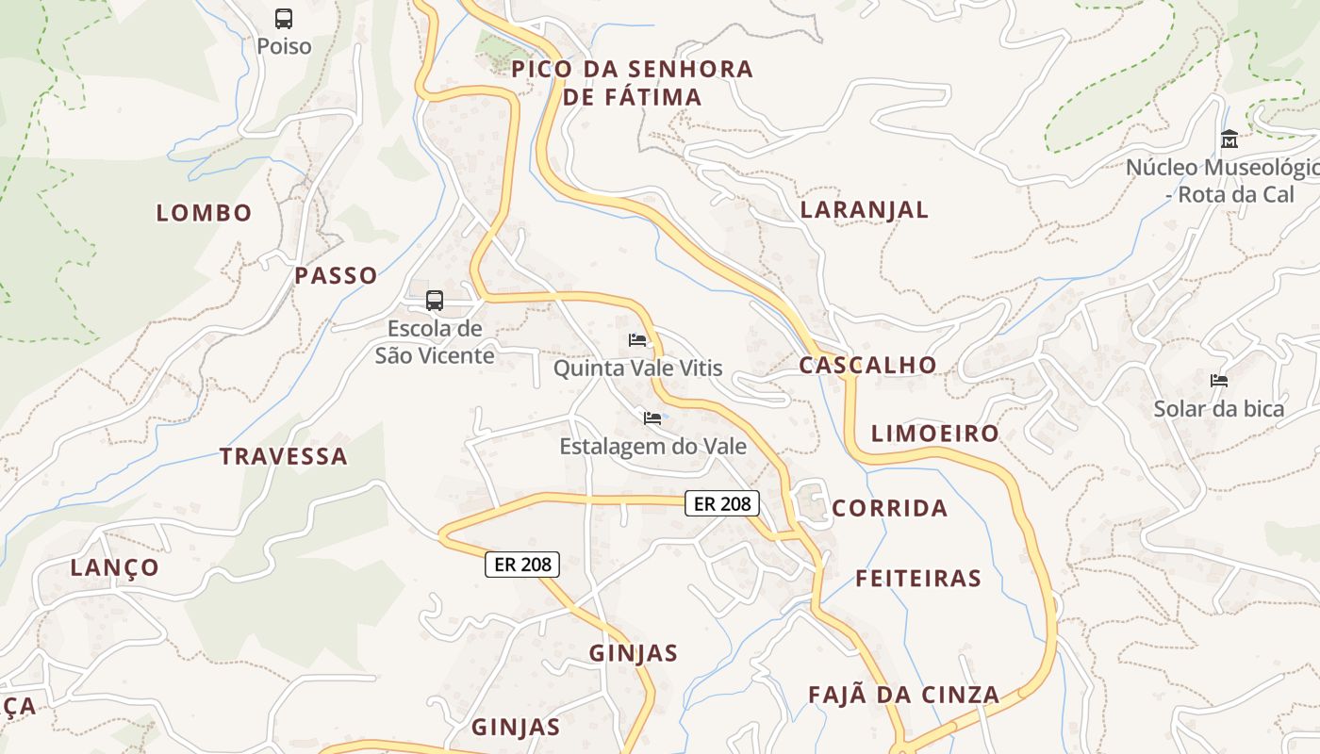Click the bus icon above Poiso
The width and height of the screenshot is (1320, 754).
284,18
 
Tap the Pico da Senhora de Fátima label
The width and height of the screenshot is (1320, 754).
633,83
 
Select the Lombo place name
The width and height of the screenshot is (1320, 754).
205,213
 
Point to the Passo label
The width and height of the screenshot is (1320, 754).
336,276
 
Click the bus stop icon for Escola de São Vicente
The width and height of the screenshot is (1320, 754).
434,301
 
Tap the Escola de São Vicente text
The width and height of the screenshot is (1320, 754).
435,342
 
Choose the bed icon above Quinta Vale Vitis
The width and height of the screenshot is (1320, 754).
638,340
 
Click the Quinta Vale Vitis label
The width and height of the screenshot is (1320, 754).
638,369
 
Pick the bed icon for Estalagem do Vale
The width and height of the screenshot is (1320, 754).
652,418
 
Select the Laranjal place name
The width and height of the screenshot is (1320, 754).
865,210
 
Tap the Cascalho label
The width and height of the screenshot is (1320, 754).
868,366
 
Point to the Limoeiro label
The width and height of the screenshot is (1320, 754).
934,434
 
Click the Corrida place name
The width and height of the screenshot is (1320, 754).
890,509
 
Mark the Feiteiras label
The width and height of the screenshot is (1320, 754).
918,579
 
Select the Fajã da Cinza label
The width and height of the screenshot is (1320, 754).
903,696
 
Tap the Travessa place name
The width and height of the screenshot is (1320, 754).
284,457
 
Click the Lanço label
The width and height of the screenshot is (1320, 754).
115,567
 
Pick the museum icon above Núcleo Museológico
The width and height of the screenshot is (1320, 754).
1229,139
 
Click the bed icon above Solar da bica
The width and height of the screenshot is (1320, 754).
1219,381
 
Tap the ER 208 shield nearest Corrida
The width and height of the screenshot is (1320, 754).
722,504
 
